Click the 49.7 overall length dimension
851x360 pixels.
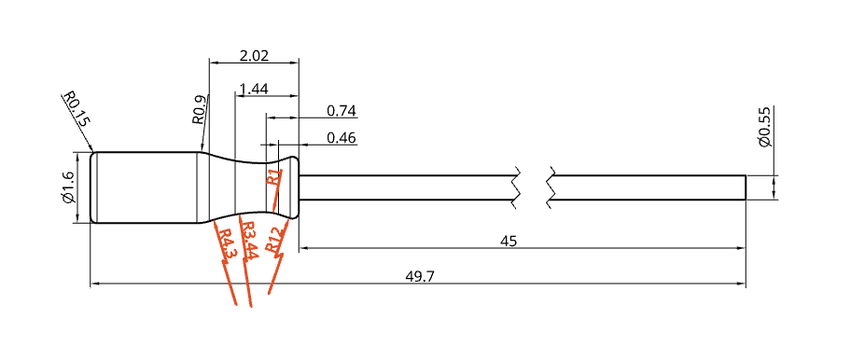click(420, 276)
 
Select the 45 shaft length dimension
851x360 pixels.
click(508, 242)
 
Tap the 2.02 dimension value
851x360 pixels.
click(255, 56)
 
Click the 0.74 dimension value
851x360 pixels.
click(342, 111)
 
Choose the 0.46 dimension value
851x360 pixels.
click(342, 138)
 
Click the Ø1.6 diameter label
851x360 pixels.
click(68, 187)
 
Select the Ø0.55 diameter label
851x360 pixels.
click(765, 126)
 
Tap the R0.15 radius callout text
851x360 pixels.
click(76, 109)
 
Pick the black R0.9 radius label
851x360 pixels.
click(199, 109)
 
